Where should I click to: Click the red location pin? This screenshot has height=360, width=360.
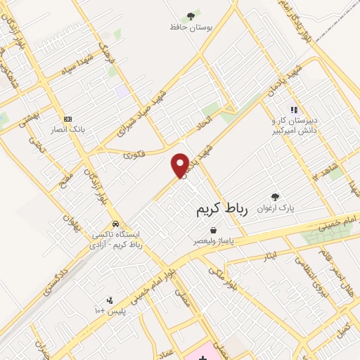(x=181, y=165)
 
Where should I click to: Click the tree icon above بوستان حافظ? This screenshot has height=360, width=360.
(x=190, y=15)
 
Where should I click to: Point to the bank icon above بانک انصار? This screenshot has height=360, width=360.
(x=67, y=119)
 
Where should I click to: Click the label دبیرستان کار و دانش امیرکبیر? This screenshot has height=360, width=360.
(x=295, y=126)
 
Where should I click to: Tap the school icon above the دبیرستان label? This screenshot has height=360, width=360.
(x=294, y=110)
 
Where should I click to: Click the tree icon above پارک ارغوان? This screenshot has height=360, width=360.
(x=275, y=198)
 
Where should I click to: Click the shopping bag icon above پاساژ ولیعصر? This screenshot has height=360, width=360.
(x=213, y=230)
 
